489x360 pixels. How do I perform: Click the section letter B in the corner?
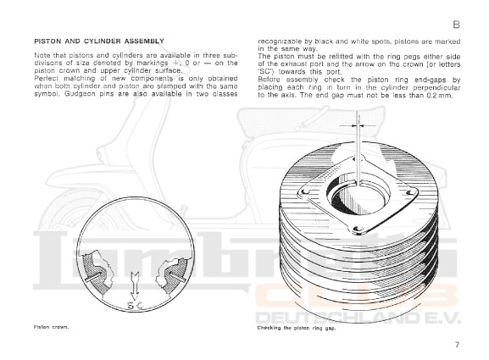point(456,25)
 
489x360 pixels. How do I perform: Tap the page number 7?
point(457,345)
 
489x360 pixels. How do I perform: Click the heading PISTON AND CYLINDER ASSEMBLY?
point(99,42)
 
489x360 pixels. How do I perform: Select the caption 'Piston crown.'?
point(51,327)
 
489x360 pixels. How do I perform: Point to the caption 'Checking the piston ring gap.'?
point(297,328)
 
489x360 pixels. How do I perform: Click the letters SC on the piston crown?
point(135,305)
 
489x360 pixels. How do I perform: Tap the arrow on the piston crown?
point(135,285)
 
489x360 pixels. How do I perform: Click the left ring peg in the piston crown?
point(93,277)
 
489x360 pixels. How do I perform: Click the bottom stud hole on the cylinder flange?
point(358,230)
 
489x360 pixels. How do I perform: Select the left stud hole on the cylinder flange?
point(304,191)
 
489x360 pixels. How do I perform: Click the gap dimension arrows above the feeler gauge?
point(358,125)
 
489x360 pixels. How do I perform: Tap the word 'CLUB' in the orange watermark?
point(357,297)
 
